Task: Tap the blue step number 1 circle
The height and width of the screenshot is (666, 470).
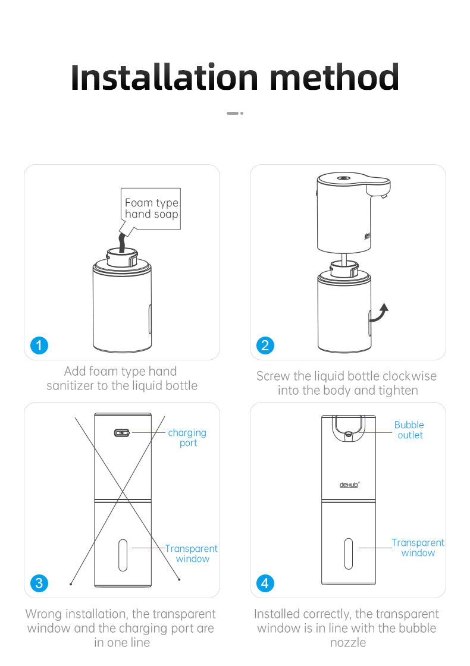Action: pyautogui.click(x=39, y=345)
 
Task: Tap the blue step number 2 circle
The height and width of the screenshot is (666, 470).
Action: pyautogui.click(x=265, y=345)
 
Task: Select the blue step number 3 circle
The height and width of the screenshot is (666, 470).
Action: pyautogui.click(x=39, y=583)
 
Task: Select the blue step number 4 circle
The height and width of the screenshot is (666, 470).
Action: pyautogui.click(x=265, y=583)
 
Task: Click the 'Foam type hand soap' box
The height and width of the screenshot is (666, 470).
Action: pyautogui.click(x=151, y=209)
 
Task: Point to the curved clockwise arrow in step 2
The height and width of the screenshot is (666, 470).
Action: pyautogui.click(x=381, y=312)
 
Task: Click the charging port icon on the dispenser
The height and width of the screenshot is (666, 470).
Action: pyautogui.click(x=121, y=433)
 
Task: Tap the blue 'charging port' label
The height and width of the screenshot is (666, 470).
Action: pyautogui.click(x=187, y=438)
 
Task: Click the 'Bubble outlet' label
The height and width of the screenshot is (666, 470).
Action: pyautogui.click(x=409, y=430)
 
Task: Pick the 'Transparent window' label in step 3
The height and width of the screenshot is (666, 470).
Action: pyautogui.click(x=192, y=554)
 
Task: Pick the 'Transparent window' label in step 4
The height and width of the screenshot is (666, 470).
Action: pyautogui.click(x=418, y=548)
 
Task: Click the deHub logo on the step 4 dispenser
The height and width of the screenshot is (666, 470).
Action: pyautogui.click(x=349, y=485)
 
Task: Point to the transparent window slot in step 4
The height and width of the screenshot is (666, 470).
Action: pyautogui.click(x=349, y=553)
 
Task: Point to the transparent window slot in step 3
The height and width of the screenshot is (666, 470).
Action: pyautogui.click(x=123, y=556)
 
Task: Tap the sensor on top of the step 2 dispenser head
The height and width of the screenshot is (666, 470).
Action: pyautogui.click(x=342, y=178)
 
